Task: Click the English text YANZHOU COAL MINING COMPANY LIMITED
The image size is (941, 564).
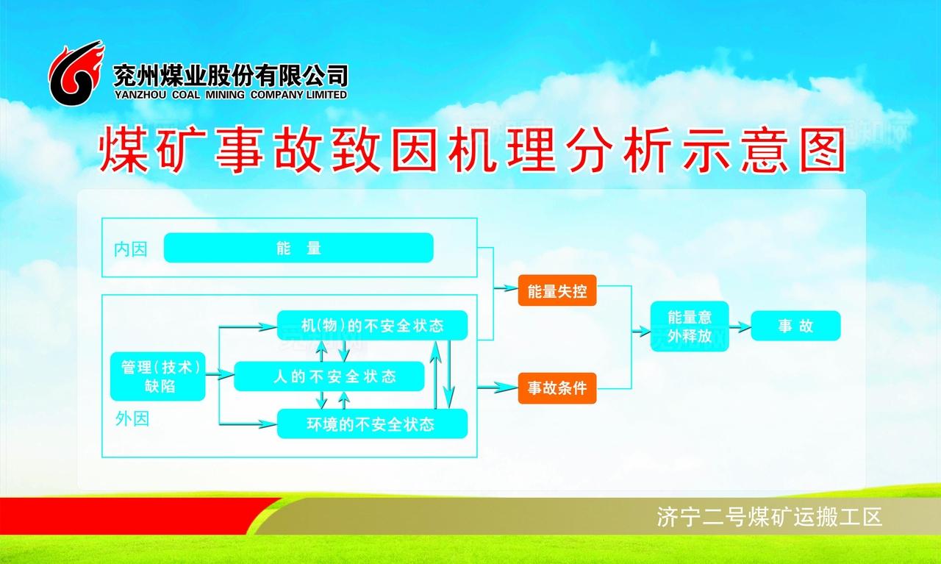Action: [230, 95]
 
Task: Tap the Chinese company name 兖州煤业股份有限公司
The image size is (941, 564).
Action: [230, 74]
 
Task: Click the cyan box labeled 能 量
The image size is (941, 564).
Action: [298, 248]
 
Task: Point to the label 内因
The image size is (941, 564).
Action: [130, 249]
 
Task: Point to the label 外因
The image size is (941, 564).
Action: [132, 419]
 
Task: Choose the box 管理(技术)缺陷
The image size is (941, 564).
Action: [157, 376]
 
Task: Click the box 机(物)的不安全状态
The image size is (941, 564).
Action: [372, 326]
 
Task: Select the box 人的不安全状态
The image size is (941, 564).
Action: [329, 376]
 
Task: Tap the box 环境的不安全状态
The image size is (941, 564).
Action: [372, 424]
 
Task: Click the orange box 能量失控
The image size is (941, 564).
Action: [557, 291]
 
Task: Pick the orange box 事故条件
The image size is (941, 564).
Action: [557, 388]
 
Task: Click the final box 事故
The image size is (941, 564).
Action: [795, 326]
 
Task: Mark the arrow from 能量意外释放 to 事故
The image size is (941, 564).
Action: [740, 326]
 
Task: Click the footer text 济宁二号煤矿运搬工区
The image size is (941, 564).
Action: [769, 518]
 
